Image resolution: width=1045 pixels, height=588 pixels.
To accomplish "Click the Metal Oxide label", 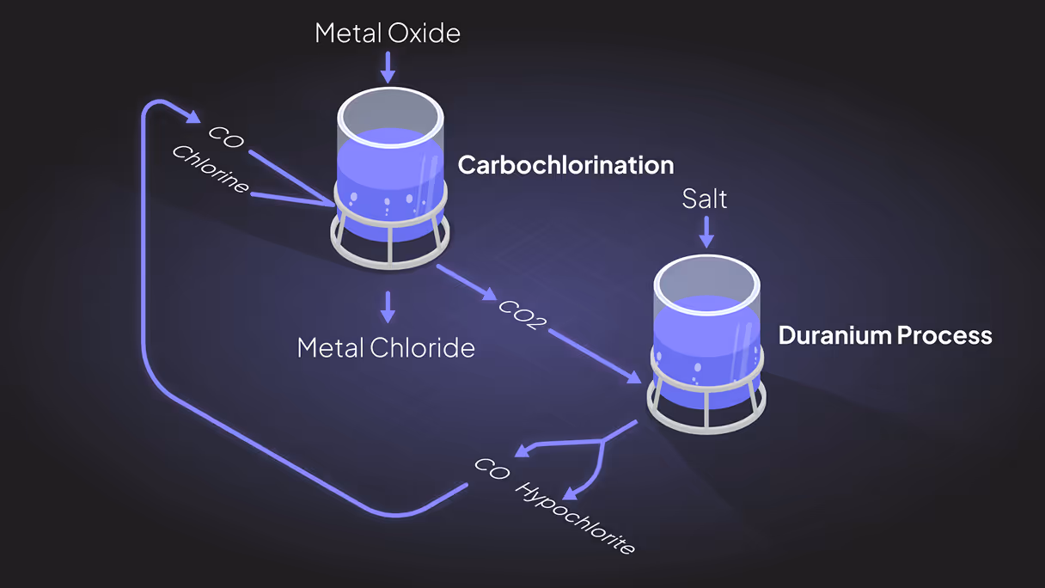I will click(x=388, y=33).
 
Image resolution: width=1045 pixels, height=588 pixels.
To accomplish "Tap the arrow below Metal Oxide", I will click(x=388, y=67).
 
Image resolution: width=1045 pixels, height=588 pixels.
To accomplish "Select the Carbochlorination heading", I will click(x=565, y=165).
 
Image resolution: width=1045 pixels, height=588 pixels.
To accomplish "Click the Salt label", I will click(x=705, y=199).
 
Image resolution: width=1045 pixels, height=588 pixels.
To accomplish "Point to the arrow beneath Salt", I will click(x=706, y=232).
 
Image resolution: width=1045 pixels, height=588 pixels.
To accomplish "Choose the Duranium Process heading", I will click(x=885, y=335).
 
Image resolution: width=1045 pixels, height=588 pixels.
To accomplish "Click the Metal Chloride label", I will click(x=386, y=347).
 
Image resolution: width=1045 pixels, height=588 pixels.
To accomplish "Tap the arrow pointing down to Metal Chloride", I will click(x=388, y=307).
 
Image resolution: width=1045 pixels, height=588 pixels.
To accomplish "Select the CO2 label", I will click(x=522, y=315).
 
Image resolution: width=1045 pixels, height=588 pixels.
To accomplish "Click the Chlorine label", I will click(x=211, y=168).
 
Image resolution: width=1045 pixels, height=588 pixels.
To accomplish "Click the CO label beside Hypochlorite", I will click(x=492, y=470).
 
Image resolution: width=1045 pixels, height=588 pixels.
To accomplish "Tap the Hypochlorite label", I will click(x=577, y=518).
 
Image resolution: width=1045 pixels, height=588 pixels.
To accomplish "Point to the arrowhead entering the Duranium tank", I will click(x=635, y=378).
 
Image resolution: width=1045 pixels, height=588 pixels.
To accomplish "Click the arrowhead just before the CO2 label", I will click(x=490, y=295).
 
